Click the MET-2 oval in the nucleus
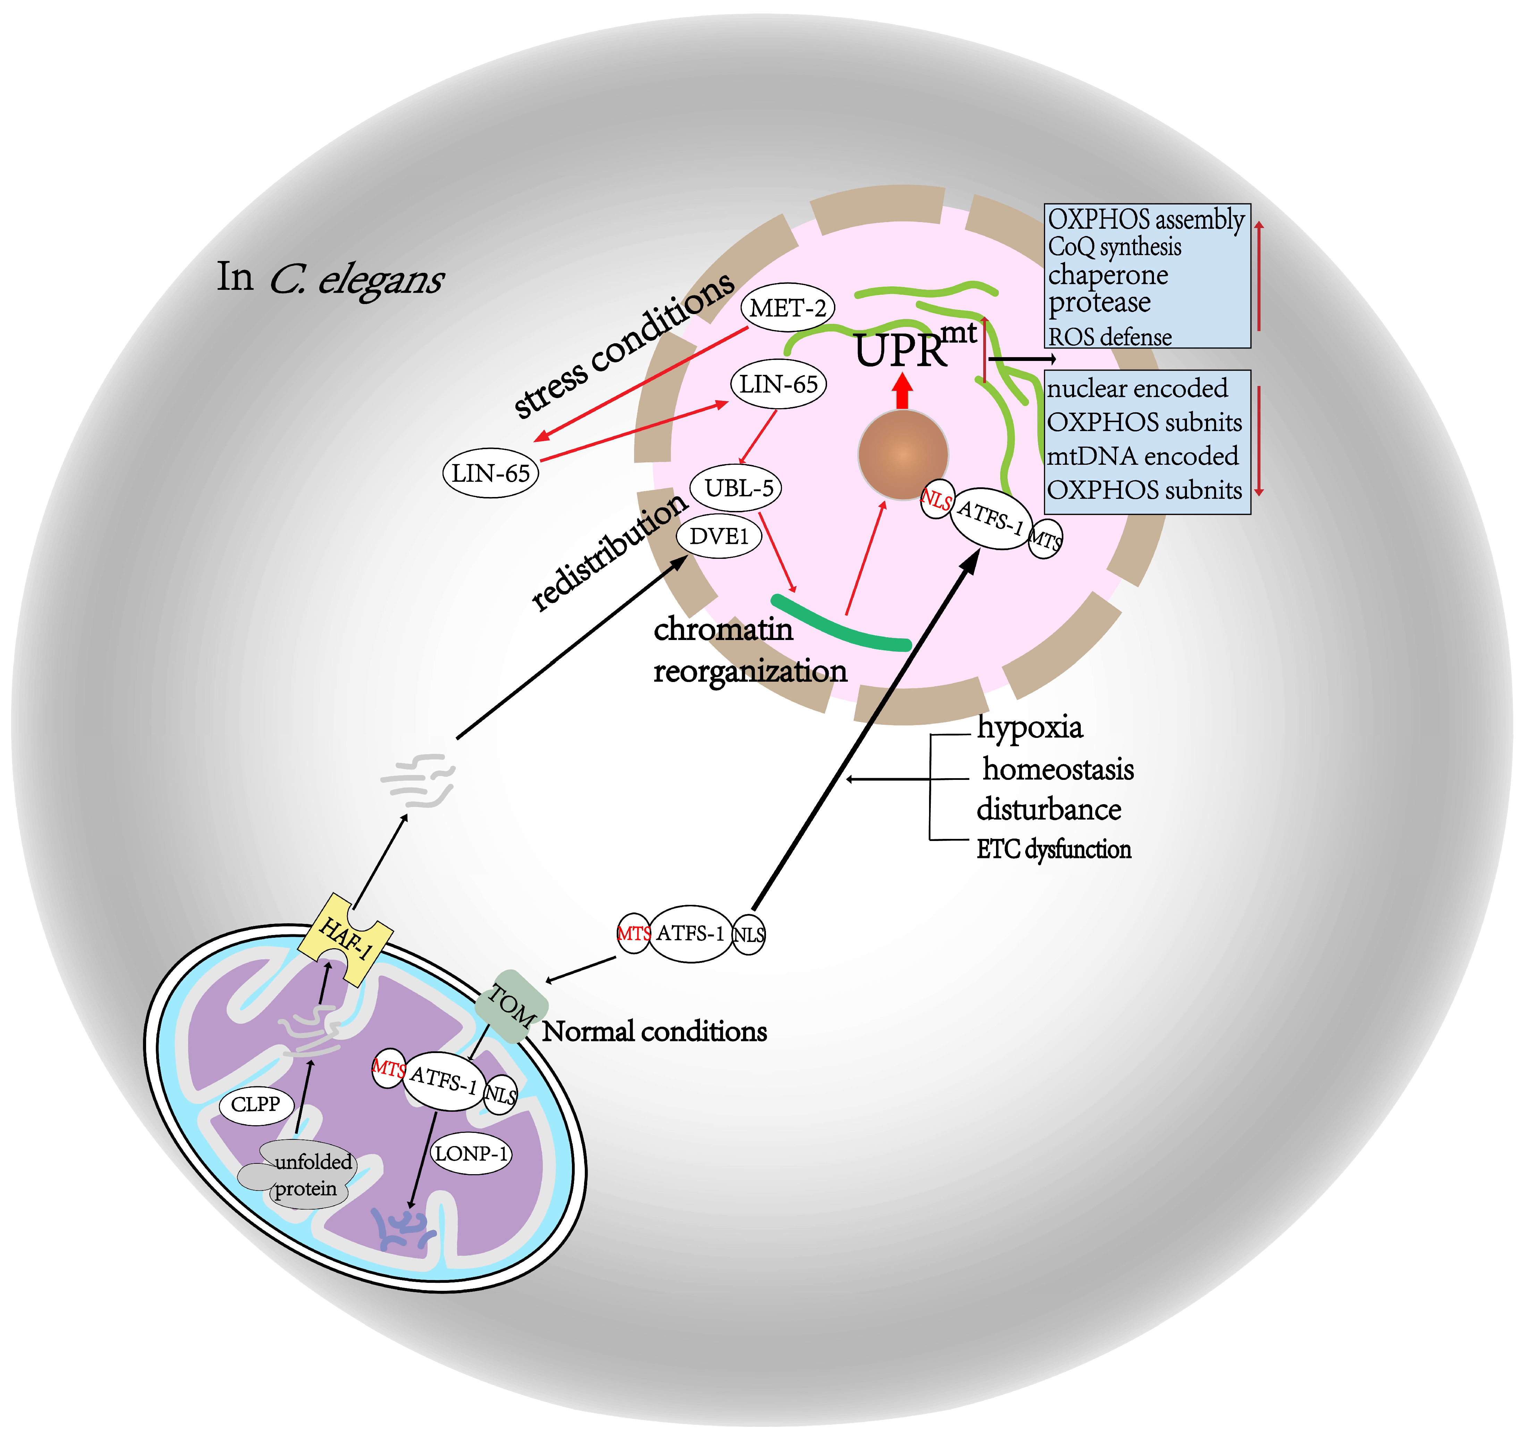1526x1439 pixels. point(787,309)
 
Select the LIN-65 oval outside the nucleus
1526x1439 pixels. point(490,473)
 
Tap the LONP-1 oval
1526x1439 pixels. point(471,1153)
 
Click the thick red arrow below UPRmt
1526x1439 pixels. point(903,392)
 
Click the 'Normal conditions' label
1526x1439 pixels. point(654,1032)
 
